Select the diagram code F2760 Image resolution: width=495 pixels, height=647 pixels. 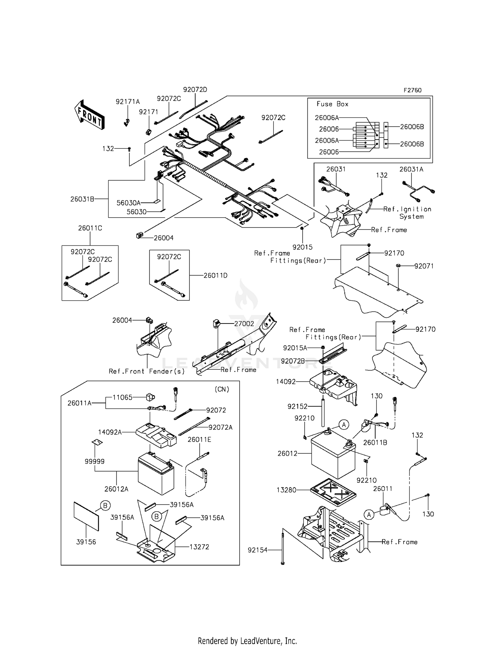[x=412, y=90]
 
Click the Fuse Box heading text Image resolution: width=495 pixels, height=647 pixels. [x=332, y=104]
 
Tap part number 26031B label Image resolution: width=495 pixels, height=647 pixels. [x=82, y=199]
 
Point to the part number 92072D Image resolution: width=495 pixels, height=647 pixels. [x=195, y=90]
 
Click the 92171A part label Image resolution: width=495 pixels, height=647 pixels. [x=128, y=102]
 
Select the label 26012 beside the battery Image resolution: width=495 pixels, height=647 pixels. [x=287, y=454]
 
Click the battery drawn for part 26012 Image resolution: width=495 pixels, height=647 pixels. [x=333, y=457]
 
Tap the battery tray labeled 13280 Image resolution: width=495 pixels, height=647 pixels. [x=333, y=492]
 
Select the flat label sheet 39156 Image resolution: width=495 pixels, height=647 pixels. [x=86, y=516]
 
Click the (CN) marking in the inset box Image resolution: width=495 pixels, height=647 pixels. [x=222, y=389]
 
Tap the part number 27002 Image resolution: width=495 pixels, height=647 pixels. [x=244, y=324]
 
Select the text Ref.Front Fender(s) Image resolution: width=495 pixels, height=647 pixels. [x=147, y=371]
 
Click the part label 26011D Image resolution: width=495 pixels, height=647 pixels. [x=215, y=275]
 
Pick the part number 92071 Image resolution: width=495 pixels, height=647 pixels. [x=424, y=266]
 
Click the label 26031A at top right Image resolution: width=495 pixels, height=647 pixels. [x=411, y=169]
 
